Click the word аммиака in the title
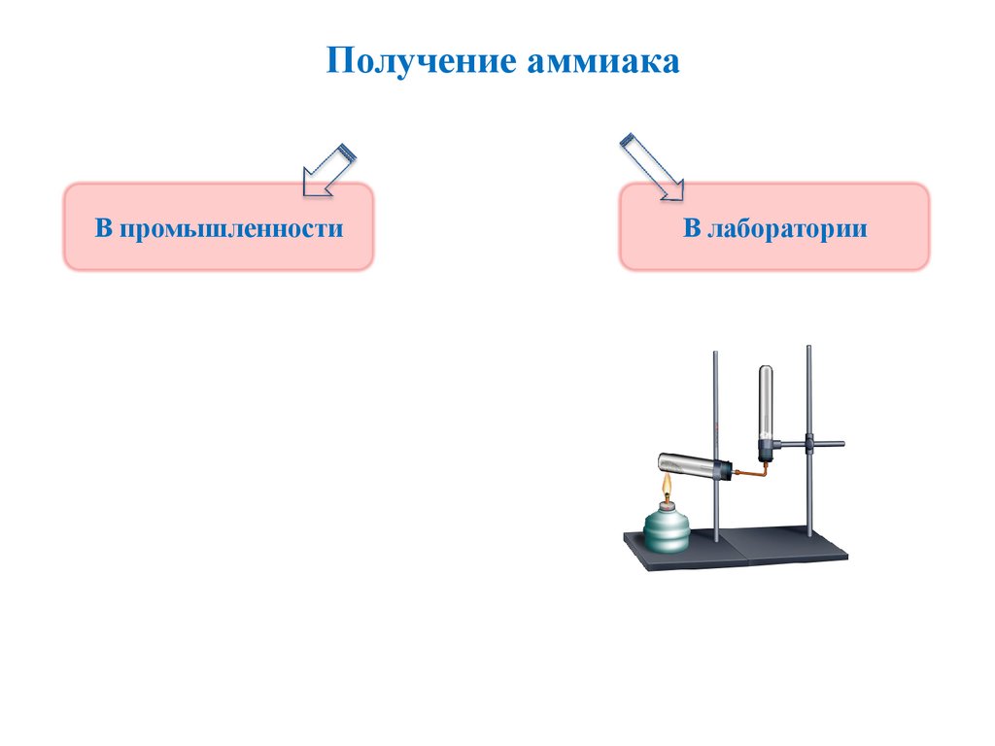(x=603, y=61)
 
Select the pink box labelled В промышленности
(x=218, y=227)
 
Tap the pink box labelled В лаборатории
(x=773, y=227)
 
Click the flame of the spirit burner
(x=667, y=488)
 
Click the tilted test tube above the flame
(x=684, y=465)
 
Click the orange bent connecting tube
(x=754, y=473)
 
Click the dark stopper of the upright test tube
(x=768, y=449)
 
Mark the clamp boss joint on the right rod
(x=808, y=444)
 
